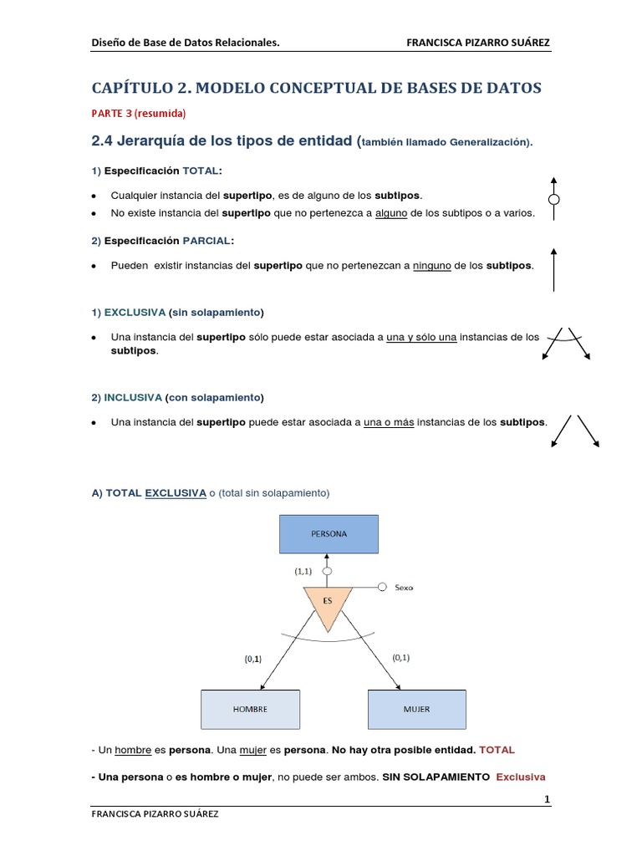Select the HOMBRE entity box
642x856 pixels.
point(250,709)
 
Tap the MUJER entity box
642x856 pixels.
point(416,709)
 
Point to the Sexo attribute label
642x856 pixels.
point(405,588)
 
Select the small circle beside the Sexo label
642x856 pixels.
point(381,587)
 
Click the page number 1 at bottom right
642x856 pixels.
point(547,800)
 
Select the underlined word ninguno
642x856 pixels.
point(432,265)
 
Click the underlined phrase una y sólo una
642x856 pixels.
point(421,337)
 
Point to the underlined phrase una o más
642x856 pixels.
point(389,422)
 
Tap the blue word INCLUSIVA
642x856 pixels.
point(133,397)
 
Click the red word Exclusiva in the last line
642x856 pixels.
point(521,777)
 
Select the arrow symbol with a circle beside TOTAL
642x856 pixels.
point(553,199)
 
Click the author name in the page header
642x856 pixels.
point(477,43)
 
